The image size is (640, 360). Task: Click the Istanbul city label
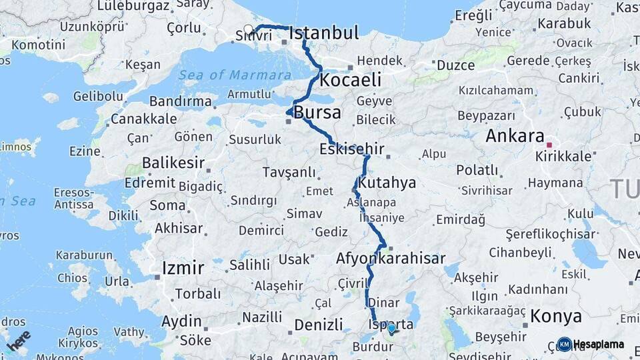pos(324,33)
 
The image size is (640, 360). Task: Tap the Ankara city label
pos(515,136)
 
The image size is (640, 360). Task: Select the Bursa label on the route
pos(317,112)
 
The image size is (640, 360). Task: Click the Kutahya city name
pos(387,183)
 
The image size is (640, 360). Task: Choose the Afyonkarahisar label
pos(391,258)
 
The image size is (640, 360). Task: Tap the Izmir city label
pos(183,268)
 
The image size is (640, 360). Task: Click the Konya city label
pos(556,316)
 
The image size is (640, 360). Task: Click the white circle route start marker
pos(249,29)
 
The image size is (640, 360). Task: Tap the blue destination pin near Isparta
pos(391,328)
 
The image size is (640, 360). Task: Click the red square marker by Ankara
pos(549,144)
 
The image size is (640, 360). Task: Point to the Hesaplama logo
pos(591,344)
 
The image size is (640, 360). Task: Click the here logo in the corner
pos(18,340)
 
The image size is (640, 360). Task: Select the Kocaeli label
pos(351,80)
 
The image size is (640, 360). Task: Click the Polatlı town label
pos(477,170)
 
